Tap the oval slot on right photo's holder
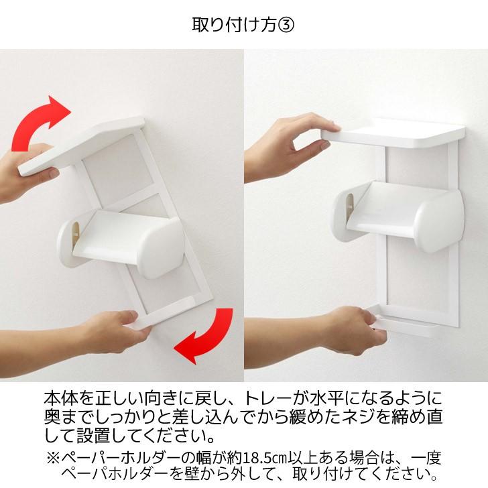coord(351,200)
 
